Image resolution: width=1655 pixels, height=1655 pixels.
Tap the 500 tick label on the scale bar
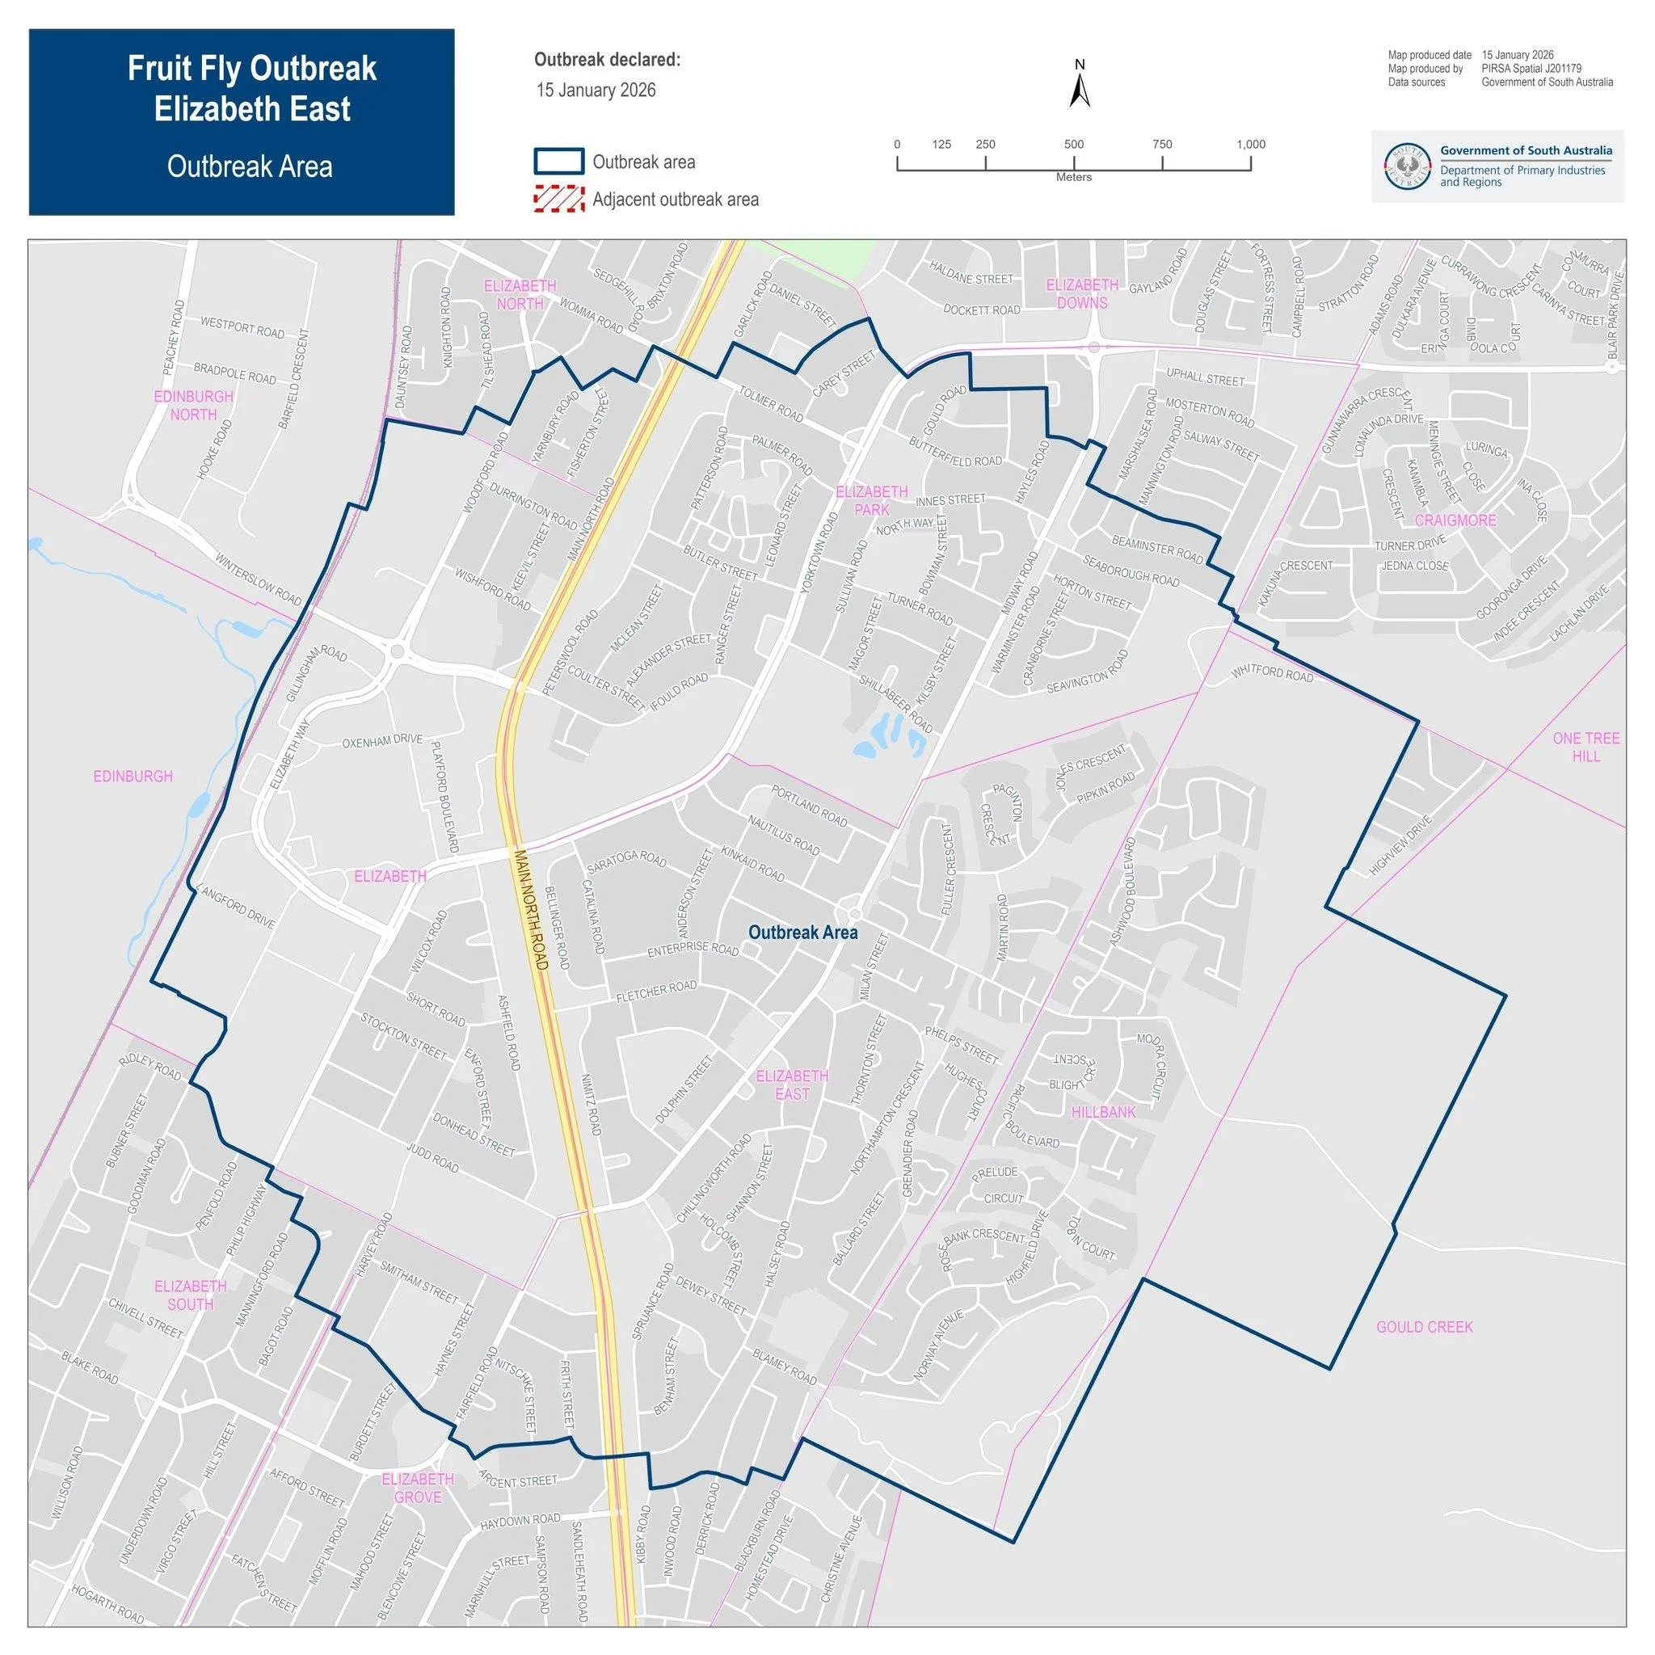coord(1073,144)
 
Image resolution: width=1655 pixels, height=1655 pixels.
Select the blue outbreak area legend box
coord(558,161)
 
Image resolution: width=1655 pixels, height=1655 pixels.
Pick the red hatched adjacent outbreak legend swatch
coord(558,200)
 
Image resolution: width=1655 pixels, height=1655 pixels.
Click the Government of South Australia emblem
coord(1409,167)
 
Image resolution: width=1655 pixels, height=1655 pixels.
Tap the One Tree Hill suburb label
coord(1586,747)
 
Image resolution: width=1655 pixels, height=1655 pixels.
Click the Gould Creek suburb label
coord(1425,1327)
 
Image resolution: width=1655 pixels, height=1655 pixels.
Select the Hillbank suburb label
coord(1103,1112)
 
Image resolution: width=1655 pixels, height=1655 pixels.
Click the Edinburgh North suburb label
coord(194,405)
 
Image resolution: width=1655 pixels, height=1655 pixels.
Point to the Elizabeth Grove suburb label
coord(418,1488)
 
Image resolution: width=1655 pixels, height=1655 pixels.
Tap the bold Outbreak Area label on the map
coord(802,932)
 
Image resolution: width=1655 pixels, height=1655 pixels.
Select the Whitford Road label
coord(1272,674)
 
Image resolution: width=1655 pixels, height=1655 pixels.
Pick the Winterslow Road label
coord(259,580)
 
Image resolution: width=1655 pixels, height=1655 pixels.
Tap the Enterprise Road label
coord(693,950)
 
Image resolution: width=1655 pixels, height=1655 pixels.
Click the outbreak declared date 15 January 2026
coord(596,90)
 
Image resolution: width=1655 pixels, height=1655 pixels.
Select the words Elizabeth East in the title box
coord(252,109)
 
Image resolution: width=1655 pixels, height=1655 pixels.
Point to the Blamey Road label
coord(785,1367)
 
